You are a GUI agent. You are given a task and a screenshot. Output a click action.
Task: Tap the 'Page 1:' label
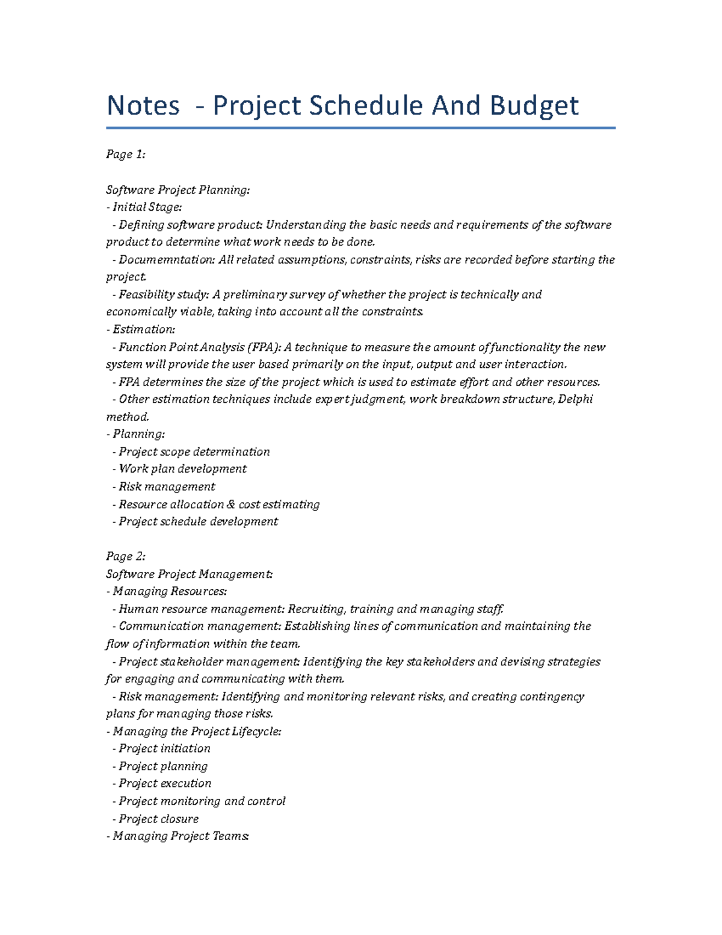point(126,155)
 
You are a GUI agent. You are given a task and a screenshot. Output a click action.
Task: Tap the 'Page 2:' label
point(126,556)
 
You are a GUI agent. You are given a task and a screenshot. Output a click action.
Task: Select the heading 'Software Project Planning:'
point(177,190)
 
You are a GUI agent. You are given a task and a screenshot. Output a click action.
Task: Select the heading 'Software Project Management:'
point(189,574)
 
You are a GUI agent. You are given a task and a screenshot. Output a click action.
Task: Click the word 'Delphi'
point(576,399)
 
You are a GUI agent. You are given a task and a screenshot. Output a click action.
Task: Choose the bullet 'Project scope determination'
point(194,452)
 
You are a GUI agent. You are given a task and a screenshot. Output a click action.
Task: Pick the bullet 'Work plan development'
point(182,469)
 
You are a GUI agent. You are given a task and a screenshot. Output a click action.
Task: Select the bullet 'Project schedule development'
point(198,522)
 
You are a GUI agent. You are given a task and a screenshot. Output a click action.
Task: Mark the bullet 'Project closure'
point(158,819)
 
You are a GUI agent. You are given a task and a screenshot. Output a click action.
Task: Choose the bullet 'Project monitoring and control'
point(202,801)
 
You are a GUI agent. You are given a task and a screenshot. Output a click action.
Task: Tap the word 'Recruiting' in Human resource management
point(316,609)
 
